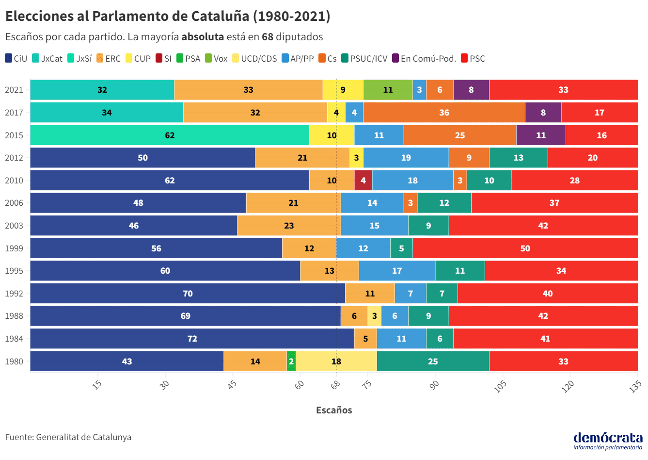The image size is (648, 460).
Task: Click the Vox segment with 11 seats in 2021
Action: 388,90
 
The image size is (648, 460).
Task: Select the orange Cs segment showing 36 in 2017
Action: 444,113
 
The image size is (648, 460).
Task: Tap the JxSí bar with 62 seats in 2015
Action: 170,135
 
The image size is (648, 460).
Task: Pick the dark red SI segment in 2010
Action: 363,181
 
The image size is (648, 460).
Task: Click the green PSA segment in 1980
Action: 291,361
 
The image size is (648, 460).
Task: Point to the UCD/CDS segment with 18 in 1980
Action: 336,361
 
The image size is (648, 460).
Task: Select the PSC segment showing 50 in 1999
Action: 525,248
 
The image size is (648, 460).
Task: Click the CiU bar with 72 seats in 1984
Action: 192,339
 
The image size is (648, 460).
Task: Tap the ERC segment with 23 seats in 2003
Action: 289,226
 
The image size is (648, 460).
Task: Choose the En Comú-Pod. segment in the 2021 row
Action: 471,90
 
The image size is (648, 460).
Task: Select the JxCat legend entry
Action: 47,59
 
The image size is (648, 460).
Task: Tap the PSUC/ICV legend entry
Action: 364,59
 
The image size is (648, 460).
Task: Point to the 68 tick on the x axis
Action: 336,385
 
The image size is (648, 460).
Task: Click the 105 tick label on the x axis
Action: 500,386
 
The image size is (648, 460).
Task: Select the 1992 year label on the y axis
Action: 14,294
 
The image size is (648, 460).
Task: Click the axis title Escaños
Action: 334,410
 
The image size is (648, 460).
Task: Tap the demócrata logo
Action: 608,440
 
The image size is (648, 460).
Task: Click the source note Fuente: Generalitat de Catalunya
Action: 68,437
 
